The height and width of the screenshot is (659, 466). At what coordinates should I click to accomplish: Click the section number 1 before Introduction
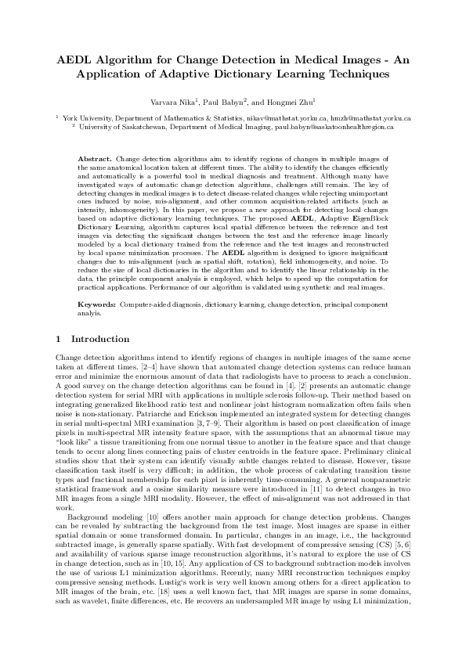60,339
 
